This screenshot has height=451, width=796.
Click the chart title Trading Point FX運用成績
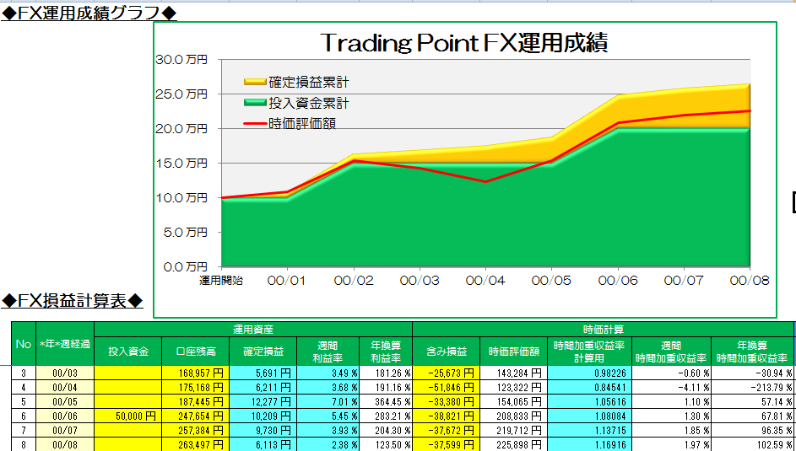pos(464,43)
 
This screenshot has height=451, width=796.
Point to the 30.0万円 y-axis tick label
pos(181,60)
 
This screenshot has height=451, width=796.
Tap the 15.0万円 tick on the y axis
pos(181,163)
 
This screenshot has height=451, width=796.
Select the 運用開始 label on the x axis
pos(221,281)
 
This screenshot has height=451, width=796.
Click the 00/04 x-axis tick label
pos(485,281)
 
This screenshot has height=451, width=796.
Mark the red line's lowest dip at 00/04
pos(485,181)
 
